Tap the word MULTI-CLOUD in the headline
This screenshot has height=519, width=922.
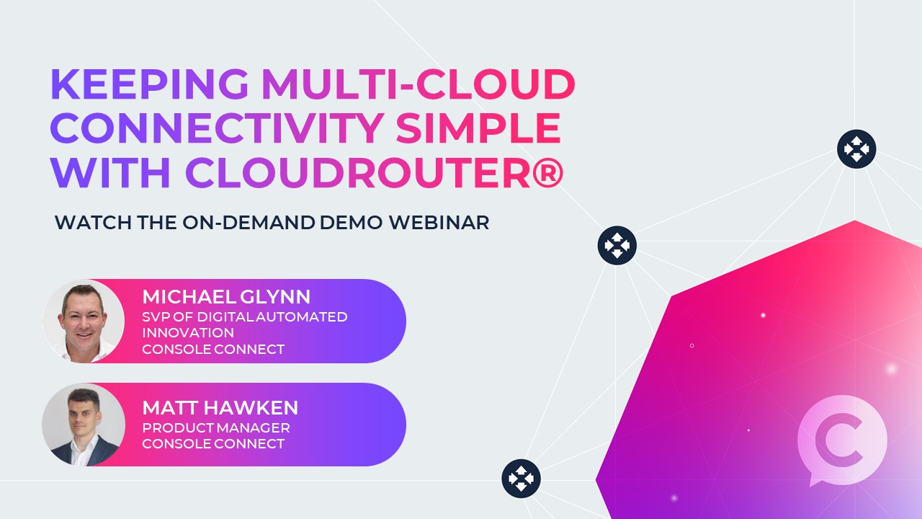[418, 85]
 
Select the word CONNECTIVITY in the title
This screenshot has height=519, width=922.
[217, 128]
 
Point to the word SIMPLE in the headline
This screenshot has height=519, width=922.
[478, 128]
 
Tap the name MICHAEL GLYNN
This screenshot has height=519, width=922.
[226, 297]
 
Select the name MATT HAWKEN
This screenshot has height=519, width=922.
[220, 408]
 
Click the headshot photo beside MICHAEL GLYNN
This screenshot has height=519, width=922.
[84, 321]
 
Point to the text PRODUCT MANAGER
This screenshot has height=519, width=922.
[216, 427]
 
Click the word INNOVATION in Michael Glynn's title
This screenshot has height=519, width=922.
[188, 332]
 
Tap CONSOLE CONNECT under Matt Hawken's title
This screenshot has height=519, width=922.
[213, 444]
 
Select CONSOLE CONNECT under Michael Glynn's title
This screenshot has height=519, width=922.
[213, 350]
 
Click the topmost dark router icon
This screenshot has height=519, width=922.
[856, 149]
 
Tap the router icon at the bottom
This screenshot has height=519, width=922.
[521, 479]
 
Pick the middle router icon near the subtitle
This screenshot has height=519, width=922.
[617, 245]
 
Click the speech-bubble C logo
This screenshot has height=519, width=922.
[841, 440]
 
